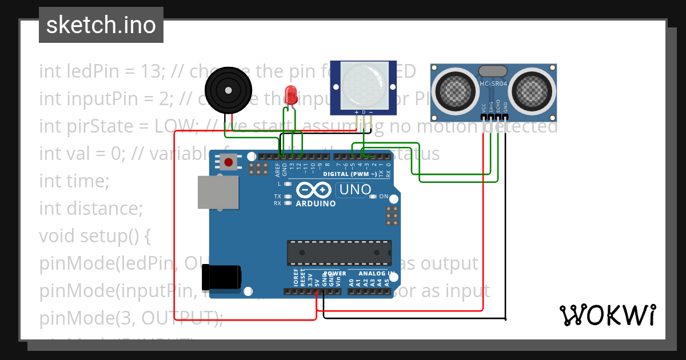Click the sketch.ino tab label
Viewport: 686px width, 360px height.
(x=101, y=25)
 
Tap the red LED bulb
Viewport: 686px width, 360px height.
(x=291, y=93)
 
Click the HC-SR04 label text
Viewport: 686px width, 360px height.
(x=493, y=84)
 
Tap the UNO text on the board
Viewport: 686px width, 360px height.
(x=355, y=189)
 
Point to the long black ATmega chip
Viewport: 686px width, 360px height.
(x=339, y=250)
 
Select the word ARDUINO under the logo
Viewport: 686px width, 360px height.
(x=316, y=203)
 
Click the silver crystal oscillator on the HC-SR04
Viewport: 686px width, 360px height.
(x=493, y=71)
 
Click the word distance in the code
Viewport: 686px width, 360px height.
(x=105, y=209)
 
